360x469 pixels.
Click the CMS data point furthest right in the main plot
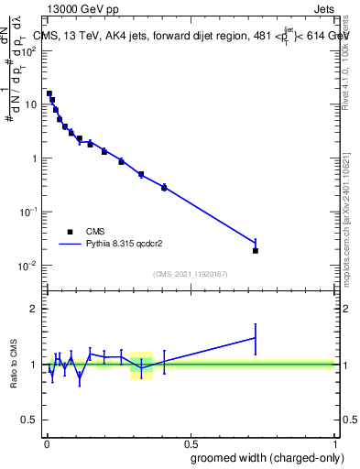256,250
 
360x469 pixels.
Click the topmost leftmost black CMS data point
49,93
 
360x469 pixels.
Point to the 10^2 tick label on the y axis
29,51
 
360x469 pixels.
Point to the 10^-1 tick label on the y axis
29,212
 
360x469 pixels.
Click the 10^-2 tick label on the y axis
29,266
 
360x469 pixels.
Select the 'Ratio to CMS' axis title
13,365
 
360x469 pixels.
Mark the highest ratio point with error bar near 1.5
256,338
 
